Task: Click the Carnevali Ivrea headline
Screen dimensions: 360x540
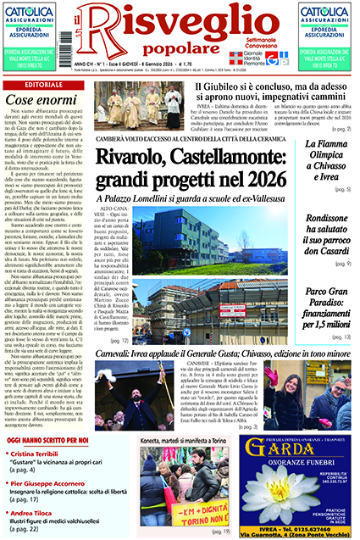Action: [229, 352]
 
